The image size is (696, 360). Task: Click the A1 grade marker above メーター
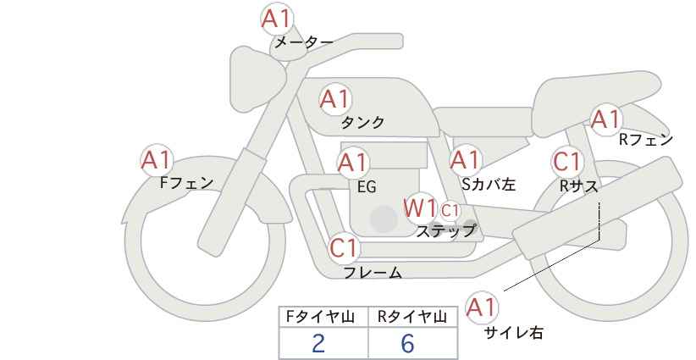tap(276, 19)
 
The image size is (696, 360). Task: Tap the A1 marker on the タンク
tap(335, 99)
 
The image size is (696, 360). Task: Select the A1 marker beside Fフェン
tap(157, 160)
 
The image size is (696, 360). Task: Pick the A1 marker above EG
tap(353, 163)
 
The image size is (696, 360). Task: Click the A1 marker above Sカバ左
tap(465, 160)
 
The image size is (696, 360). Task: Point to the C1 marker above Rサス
tap(566, 162)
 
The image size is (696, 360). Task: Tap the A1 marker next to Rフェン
tap(606, 119)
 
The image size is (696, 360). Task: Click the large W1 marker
tap(420, 208)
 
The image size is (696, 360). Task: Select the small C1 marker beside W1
tap(450, 210)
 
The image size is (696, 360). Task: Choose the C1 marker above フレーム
tap(344, 248)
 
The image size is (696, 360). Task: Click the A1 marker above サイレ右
tap(482, 307)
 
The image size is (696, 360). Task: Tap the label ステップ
tap(445, 231)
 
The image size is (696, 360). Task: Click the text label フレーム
tap(373, 273)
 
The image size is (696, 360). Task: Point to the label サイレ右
tap(513, 333)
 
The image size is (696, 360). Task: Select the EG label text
tap(367, 187)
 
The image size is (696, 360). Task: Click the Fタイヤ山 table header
tap(320, 317)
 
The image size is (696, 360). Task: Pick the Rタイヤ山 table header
tap(412, 317)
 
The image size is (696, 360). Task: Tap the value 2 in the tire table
tap(318, 343)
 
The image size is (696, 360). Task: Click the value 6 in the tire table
tap(407, 343)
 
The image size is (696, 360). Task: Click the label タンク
tap(362, 123)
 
